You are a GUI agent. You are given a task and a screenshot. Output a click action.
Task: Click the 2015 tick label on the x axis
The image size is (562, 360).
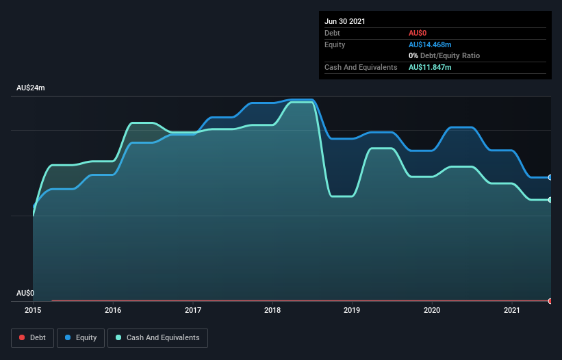pos(34,310)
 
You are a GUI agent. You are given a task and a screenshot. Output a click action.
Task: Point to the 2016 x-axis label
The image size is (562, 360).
pos(113,310)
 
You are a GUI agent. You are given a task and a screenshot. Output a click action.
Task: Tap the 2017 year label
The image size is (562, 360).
pos(193,310)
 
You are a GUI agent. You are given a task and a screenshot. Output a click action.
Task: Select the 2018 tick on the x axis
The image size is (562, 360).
pos(272,310)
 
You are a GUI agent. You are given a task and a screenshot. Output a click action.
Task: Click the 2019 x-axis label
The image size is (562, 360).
pos(353,310)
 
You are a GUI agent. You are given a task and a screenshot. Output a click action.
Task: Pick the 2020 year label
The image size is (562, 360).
pos(432,310)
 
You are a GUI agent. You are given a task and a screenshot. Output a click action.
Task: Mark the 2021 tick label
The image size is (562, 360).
pos(512,310)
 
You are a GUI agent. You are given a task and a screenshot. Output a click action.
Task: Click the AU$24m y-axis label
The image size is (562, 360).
pos(30,88)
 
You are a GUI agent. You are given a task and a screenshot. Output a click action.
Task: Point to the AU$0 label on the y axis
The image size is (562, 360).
pos(25,294)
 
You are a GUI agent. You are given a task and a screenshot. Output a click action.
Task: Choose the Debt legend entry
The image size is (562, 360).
pos(33,337)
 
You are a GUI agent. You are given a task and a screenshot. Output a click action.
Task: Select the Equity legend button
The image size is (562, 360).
pos(81,337)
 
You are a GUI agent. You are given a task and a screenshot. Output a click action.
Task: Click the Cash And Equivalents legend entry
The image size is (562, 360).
pos(157,337)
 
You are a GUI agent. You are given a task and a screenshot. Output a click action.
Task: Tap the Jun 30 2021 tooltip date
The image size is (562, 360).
pos(345,21)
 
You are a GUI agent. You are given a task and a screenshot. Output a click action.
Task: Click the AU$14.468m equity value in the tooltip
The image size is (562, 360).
pos(430,44)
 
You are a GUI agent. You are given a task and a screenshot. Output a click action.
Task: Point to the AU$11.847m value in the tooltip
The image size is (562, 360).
pos(430,67)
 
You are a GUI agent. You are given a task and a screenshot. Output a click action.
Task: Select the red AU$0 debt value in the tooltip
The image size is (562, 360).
pos(418,33)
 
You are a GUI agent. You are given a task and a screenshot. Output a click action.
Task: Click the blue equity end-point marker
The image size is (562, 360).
pos(550,177)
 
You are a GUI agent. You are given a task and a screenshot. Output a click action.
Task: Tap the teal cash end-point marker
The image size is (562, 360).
pos(550,200)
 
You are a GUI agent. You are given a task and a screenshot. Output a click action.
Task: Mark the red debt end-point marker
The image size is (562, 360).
pos(550,300)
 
